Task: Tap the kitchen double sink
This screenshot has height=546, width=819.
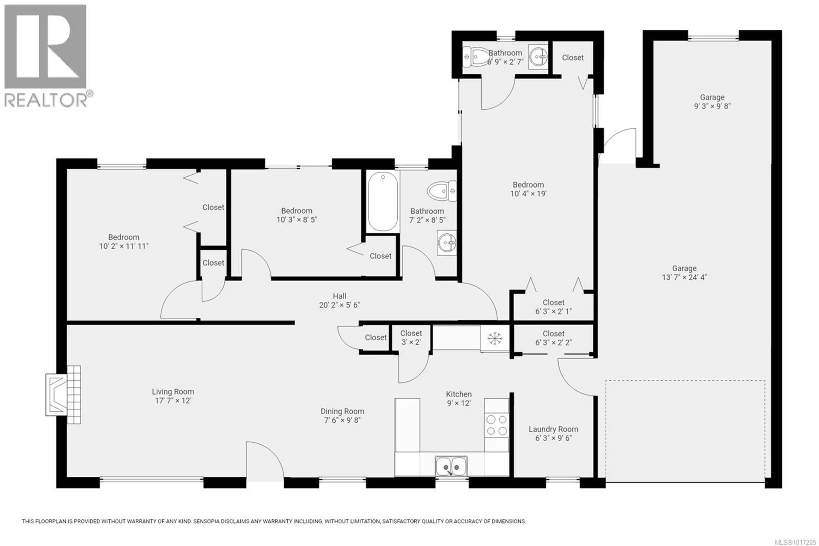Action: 451,466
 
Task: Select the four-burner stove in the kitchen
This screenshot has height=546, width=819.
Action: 497,425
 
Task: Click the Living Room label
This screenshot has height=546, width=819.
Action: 173,391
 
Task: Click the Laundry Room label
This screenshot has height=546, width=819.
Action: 553,429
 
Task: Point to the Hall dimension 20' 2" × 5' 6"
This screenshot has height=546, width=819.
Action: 339,305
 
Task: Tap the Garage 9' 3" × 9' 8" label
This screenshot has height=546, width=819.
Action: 712,102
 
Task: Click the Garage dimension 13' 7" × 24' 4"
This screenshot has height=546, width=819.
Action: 684,277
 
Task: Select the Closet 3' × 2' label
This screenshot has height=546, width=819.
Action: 411,337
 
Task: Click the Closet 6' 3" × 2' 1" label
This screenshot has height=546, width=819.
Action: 553,307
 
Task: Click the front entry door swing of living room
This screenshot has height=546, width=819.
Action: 264,460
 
